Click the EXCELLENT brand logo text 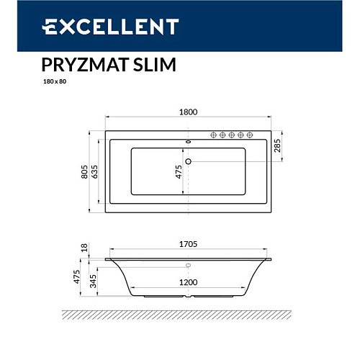110,27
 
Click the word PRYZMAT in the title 85,65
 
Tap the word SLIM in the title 155,65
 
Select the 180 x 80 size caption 55,81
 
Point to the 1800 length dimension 189,112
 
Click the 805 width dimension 84,171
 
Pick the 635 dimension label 94,171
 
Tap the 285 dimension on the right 277,145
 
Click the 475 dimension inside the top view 179,171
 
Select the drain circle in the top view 189,161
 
